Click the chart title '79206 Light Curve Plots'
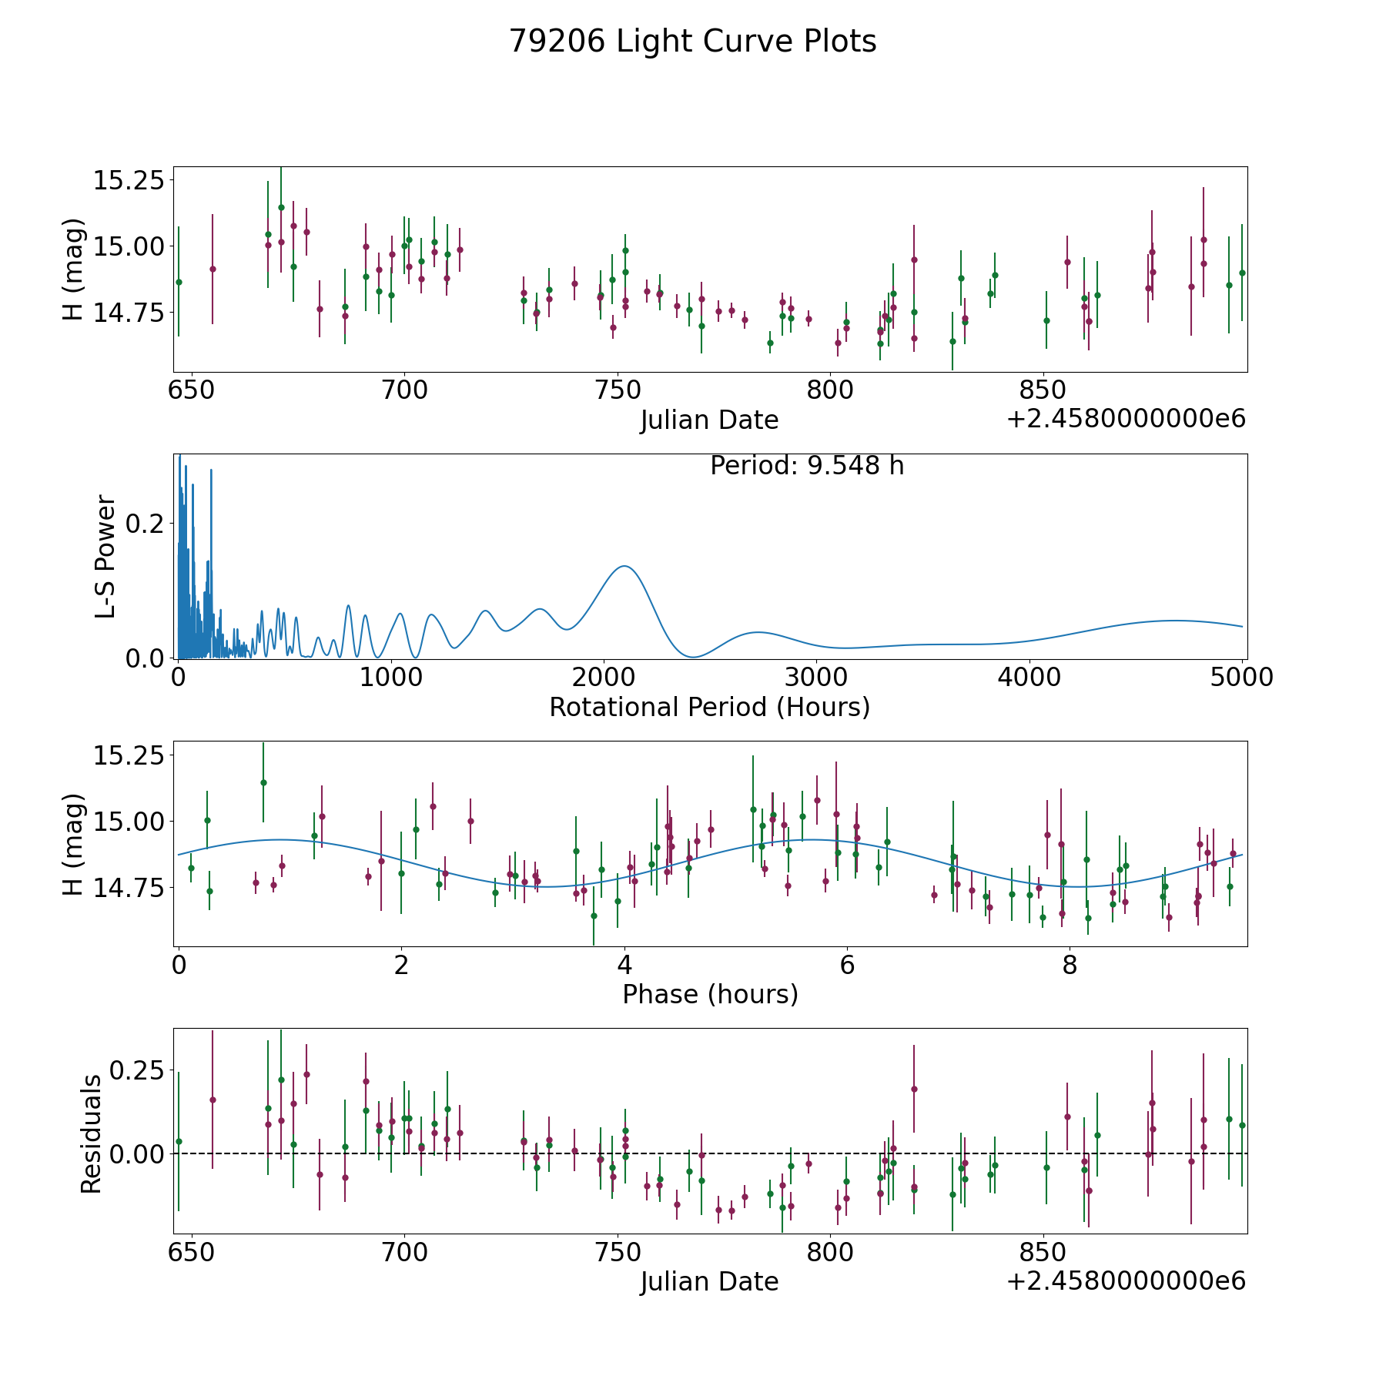tap(693, 42)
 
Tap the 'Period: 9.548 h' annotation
tap(807, 466)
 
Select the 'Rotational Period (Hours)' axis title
tap(710, 707)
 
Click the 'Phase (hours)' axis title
tap(710, 994)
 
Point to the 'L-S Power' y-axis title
tap(106, 556)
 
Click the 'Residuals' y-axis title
tap(91, 1134)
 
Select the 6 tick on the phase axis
tap(847, 966)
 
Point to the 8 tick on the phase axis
tap(1070, 966)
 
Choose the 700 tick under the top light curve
tap(405, 390)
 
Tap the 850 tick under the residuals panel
tap(1042, 1253)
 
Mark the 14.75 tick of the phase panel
tap(129, 888)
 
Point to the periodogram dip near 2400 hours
tap(693, 657)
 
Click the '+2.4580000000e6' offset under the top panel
tap(1126, 419)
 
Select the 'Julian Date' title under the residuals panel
tap(710, 1282)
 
